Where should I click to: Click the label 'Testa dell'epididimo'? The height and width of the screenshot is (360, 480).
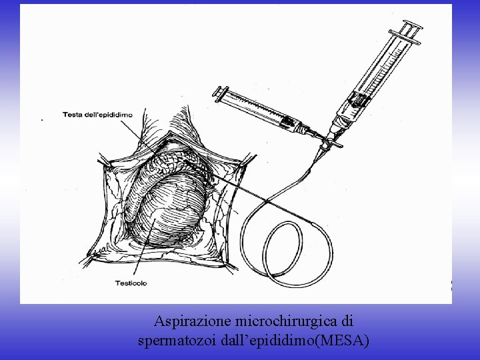click(x=97, y=115)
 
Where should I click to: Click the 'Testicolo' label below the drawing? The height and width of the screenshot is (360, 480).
click(x=131, y=283)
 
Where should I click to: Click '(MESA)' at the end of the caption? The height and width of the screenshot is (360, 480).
click(x=344, y=341)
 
